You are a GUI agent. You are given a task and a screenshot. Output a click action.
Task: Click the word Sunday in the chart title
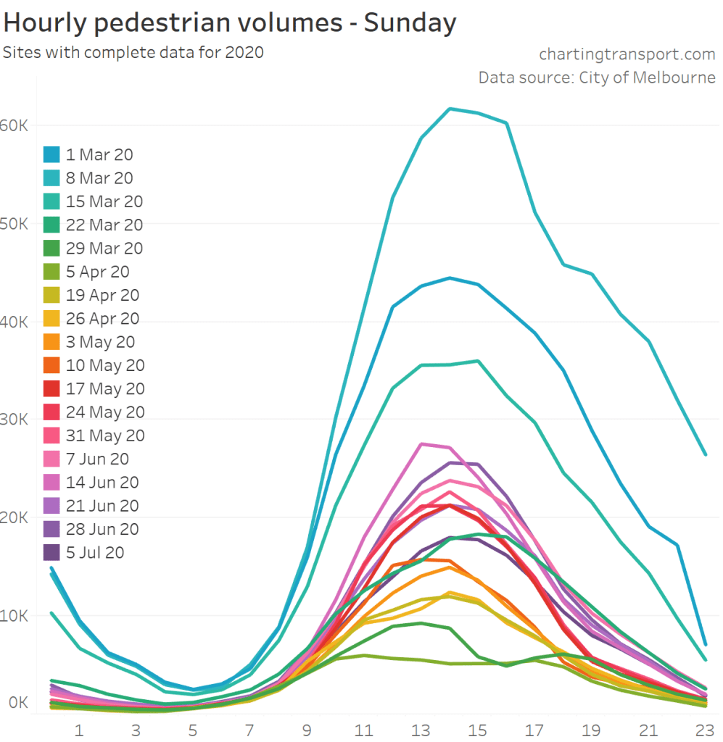click(x=410, y=23)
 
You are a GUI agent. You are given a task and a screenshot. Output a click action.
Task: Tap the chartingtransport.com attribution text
click(x=627, y=54)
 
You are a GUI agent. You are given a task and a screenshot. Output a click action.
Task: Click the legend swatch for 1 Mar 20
click(x=51, y=154)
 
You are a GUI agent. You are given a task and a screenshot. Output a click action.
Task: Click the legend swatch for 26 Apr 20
click(x=51, y=319)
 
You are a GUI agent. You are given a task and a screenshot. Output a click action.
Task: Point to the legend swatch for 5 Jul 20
click(x=51, y=553)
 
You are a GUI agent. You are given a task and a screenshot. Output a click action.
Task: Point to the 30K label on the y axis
click(x=14, y=420)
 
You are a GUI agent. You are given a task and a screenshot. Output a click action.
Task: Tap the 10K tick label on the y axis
click(x=14, y=616)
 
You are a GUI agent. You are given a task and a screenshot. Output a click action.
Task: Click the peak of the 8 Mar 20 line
click(x=450, y=109)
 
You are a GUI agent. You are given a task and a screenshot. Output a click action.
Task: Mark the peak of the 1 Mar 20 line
click(x=450, y=278)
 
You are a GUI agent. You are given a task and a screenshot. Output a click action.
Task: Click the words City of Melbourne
click(x=647, y=78)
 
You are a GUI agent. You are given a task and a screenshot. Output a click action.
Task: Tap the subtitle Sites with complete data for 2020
click(x=133, y=52)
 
